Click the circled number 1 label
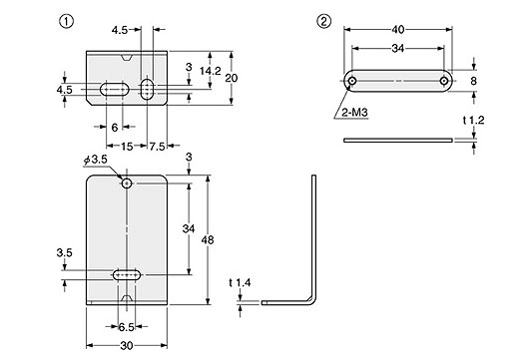(66, 22)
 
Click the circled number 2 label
(323, 22)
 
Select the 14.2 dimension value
(211, 71)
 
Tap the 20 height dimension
(232, 78)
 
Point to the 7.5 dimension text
(158, 147)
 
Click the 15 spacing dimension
(127, 147)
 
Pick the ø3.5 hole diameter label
(96, 160)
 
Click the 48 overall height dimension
(208, 240)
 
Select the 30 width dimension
(127, 346)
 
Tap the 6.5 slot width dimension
(126, 327)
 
